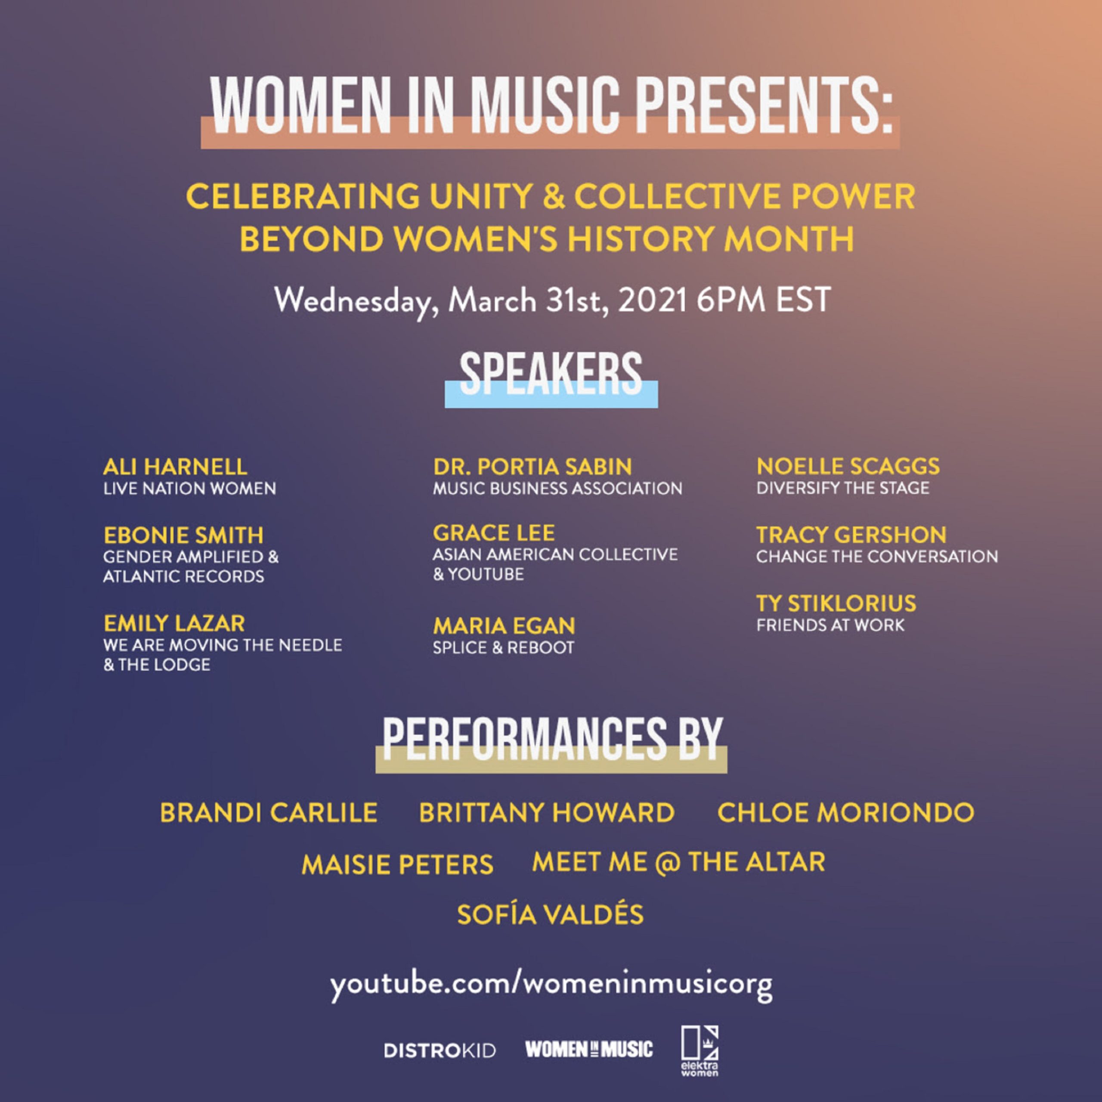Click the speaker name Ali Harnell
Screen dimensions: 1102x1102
[175, 467]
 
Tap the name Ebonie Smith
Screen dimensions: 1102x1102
[183, 535]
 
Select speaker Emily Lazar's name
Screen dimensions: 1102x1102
[174, 623]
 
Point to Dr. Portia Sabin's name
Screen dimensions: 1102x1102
[532, 467]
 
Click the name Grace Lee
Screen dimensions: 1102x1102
[493, 533]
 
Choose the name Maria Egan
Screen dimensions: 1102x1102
[504, 626]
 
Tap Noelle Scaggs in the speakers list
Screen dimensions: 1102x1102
[848, 466]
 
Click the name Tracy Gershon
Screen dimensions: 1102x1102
[851, 535]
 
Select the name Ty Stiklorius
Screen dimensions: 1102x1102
[836, 603]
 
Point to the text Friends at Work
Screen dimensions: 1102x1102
[830, 625]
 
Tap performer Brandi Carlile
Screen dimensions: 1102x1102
[268, 812]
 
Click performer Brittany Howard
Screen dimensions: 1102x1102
[546, 812]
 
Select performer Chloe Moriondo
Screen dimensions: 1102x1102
[846, 812]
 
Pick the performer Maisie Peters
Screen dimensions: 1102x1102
[397, 864]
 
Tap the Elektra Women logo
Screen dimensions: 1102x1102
[700, 1051]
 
